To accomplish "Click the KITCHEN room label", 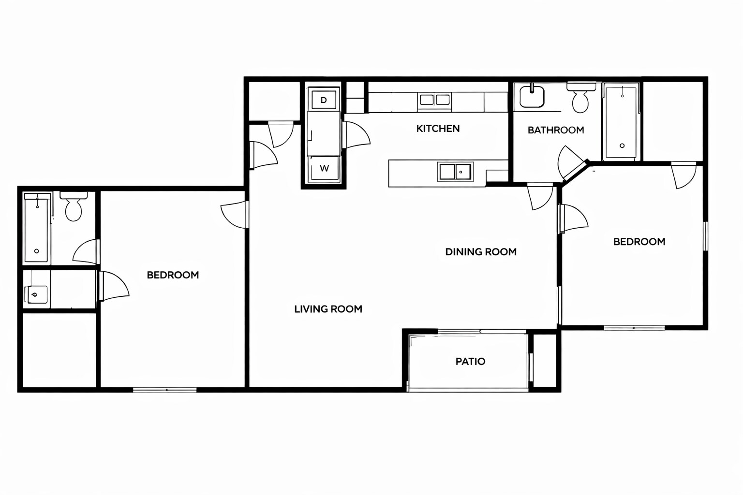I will click(438, 129).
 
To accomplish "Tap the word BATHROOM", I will click(556, 130).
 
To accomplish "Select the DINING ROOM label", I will click(481, 252).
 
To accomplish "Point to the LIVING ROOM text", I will click(328, 309).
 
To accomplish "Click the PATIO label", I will click(470, 362).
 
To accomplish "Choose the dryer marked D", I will click(324, 100).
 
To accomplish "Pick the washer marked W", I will click(324, 169).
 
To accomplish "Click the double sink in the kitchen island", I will click(455, 172).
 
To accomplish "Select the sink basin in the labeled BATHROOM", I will click(532, 96).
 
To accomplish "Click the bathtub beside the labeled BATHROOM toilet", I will click(621, 122).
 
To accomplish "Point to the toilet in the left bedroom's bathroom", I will click(74, 207).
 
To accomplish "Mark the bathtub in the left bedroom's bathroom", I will click(37, 228).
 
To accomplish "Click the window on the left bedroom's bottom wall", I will click(164, 390).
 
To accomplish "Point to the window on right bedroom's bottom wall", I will click(634, 328).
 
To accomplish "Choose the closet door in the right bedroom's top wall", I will click(684, 175).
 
